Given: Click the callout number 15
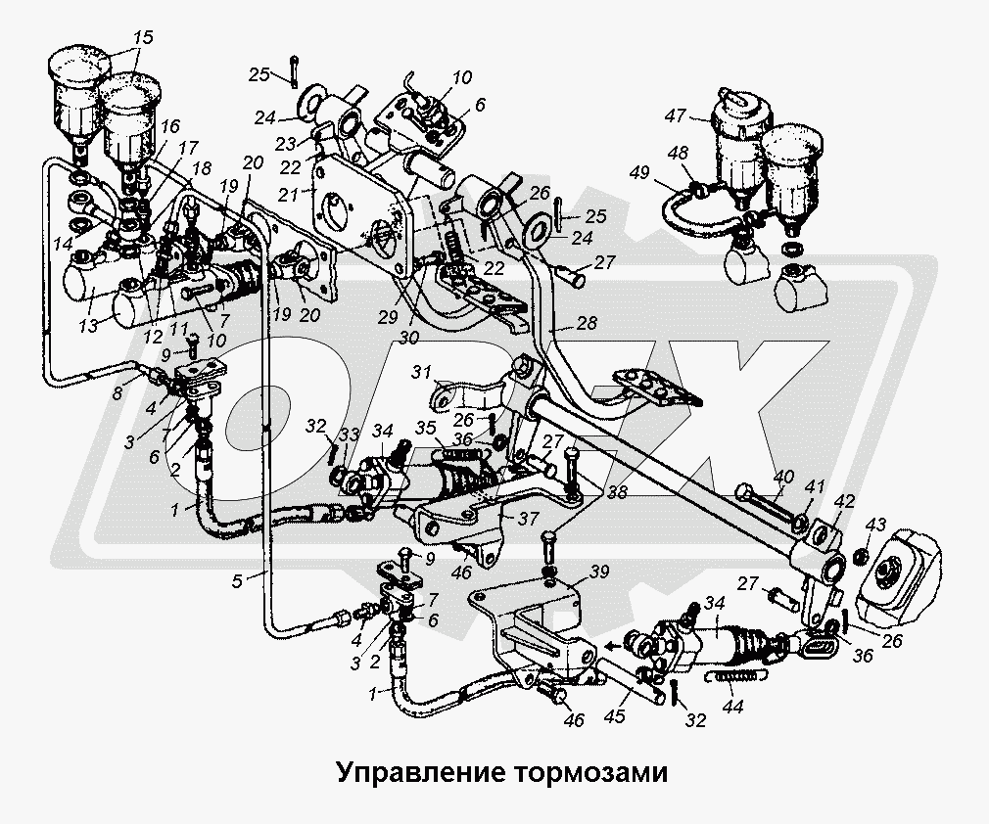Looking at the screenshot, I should (143, 38).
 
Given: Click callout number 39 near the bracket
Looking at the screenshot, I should (598, 572).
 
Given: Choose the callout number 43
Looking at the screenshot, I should (875, 525).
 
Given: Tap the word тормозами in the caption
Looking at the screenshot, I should (588, 772).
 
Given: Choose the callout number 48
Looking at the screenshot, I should (678, 154).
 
